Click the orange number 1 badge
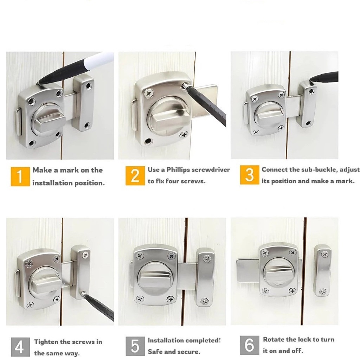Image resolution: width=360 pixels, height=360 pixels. [x=20, y=176]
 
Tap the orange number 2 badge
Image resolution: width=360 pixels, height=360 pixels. [x=135, y=176]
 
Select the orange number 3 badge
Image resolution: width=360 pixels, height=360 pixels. [x=250, y=175]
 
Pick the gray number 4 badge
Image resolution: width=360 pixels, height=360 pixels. [x=20, y=347]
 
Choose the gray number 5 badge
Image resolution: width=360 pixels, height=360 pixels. [x=135, y=346]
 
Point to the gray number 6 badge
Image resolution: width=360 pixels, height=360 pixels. [x=250, y=345]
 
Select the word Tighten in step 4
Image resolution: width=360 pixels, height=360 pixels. [x=46, y=342]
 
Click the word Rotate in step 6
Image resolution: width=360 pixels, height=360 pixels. [x=274, y=340]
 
